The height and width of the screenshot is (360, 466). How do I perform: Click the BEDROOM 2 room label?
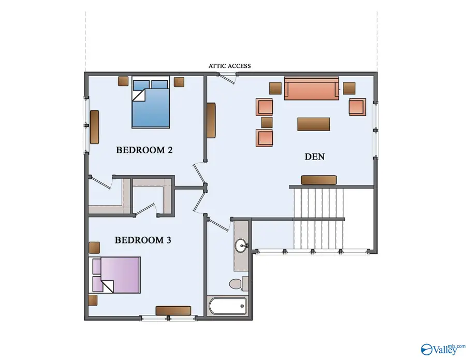click(x=144, y=150)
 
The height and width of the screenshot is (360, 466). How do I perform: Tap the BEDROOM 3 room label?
click(x=143, y=240)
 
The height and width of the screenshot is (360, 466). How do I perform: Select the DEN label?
click(x=315, y=156)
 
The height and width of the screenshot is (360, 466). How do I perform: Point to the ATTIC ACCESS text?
click(x=229, y=66)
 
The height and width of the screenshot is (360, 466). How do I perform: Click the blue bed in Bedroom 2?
click(x=151, y=102)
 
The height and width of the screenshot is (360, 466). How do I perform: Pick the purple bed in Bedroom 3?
click(x=114, y=275)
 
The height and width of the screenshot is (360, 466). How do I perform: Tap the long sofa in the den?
click(x=312, y=88)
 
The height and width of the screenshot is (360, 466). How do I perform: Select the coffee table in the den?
click(x=314, y=124)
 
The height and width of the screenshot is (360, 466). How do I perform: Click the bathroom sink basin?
click(x=241, y=246)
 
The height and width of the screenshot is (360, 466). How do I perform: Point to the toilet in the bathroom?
click(x=239, y=284)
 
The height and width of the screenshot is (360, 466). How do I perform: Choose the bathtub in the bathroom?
click(x=228, y=306)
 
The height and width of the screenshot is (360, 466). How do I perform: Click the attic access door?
click(x=228, y=78)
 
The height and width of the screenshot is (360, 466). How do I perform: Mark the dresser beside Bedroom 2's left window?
click(x=94, y=127)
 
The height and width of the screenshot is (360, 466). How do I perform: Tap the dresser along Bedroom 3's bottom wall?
click(x=173, y=311)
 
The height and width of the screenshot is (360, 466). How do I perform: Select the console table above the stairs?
click(x=318, y=180)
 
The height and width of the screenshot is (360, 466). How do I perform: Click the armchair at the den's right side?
click(x=357, y=107)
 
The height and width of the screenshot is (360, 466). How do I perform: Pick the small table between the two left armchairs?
click(x=267, y=122)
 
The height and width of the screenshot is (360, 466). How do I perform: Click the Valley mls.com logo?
click(x=443, y=349)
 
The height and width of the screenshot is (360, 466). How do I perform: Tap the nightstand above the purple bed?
click(x=94, y=248)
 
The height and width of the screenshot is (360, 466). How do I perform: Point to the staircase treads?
click(x=319, y=218)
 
